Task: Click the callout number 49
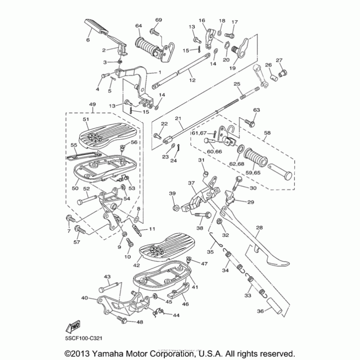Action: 93,104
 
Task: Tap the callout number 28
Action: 259,228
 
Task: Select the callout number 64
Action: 138,25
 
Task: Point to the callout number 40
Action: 84,297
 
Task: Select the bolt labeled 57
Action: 80,230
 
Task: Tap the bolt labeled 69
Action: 155,32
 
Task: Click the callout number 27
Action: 279,60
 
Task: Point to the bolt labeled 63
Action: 251,121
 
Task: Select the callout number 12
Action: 192,80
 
